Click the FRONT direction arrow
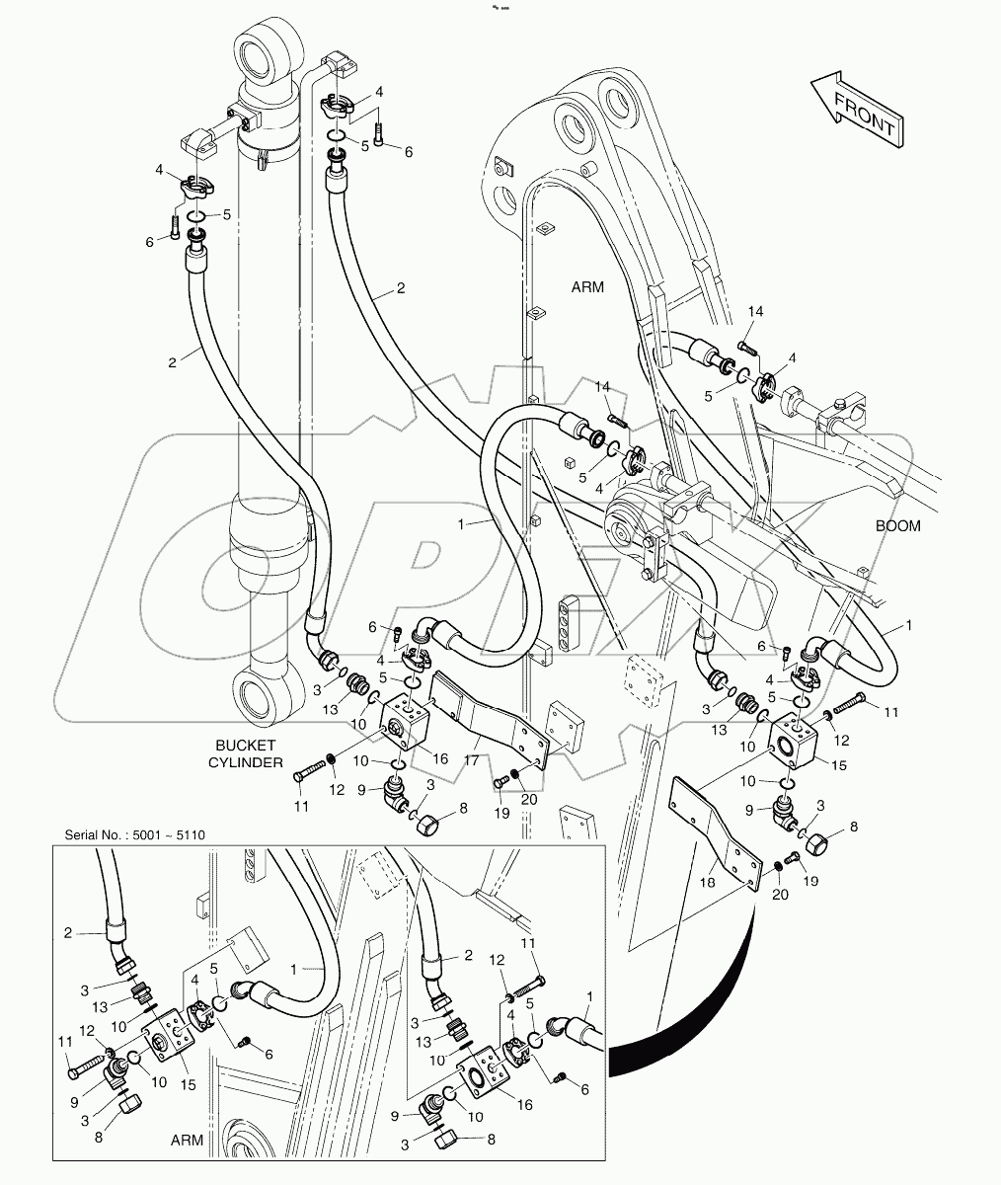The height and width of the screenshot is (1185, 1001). click(856, 111)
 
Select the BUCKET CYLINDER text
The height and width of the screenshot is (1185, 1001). click(248, 753)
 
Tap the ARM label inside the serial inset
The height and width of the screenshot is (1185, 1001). click(186, 1140)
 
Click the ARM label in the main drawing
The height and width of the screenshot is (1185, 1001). click(586, 287)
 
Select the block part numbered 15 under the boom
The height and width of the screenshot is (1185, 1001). click(792, 744)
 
